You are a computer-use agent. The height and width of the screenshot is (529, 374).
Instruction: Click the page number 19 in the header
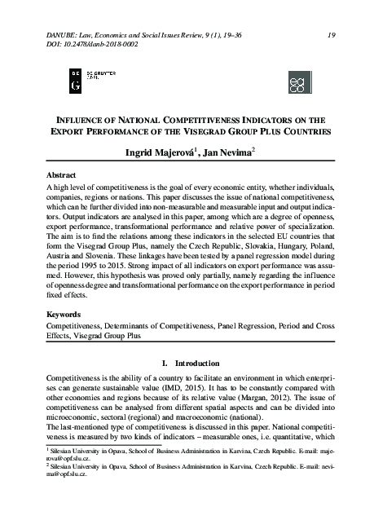pyautogui.click(x=332, y=34)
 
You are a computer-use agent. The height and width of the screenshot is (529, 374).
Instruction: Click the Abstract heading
pyautogui.click(x=61, y=174)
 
